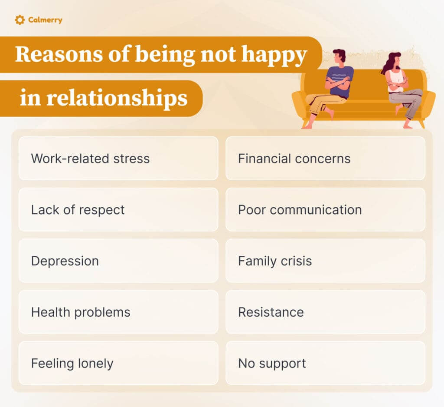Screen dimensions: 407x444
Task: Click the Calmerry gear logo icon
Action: [x=20, y=20]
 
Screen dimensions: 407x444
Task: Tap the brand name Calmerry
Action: [x=45, y=20]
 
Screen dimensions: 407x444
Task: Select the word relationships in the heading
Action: [x=117, y=98]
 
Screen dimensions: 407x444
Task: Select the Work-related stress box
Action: [x=118, y=159]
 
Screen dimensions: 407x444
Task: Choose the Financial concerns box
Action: [x=325, y=159]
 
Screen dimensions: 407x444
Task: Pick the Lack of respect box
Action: [x=118, y=210]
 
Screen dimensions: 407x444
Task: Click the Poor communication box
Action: [x=325, y=210]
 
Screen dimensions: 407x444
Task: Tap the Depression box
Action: [x=118, y=261]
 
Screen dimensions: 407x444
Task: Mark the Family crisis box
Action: [x=325, y=261]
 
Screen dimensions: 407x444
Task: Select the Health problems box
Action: [x=118, y=312]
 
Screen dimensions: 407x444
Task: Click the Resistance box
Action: [x=325, y=312]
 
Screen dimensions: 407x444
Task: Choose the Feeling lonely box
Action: [x=118, y=363]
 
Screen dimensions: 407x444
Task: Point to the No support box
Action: [x=325, y=363]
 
